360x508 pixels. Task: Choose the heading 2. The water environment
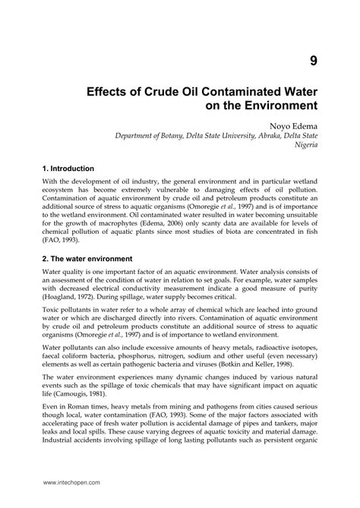click(x=87, y=258)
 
